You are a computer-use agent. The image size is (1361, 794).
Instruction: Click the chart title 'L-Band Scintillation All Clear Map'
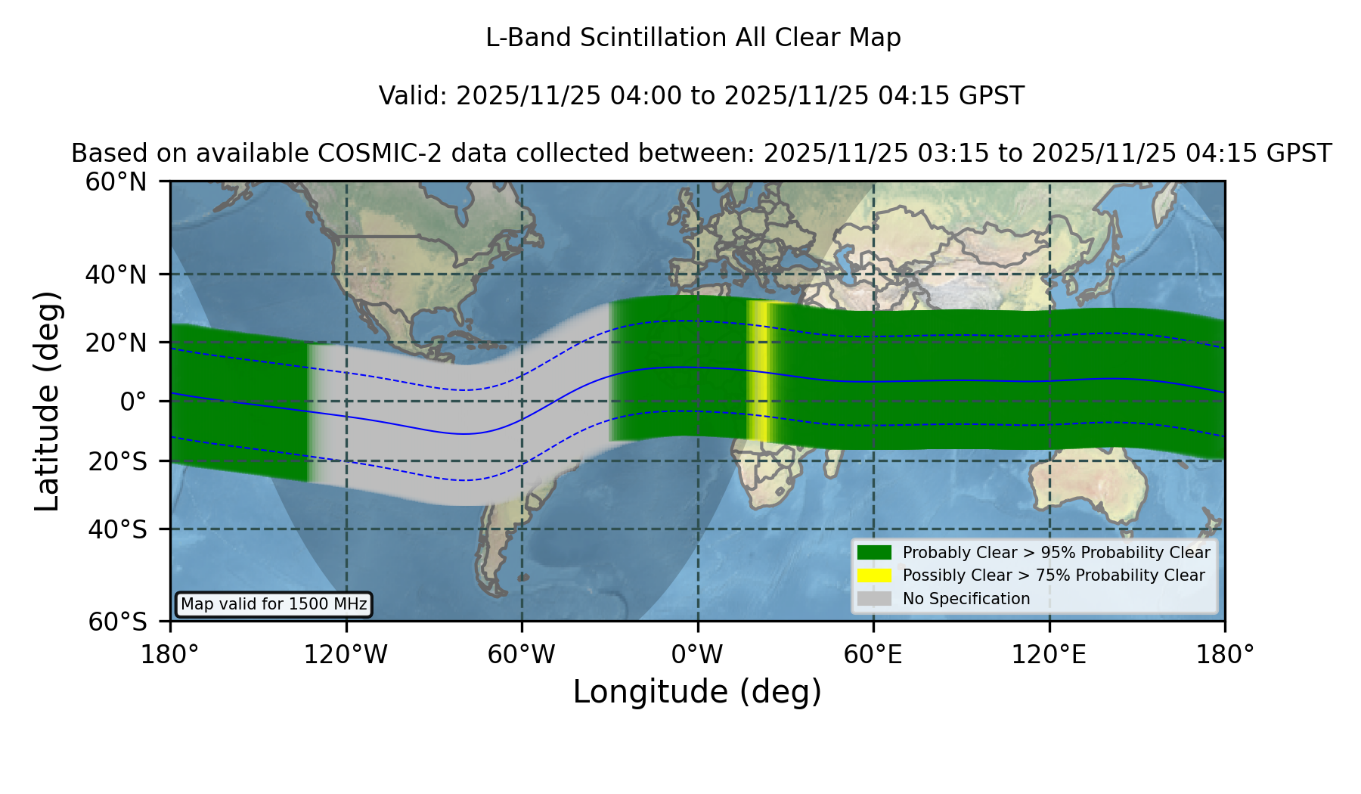(693, 38)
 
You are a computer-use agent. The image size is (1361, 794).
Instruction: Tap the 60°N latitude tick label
(116, 181)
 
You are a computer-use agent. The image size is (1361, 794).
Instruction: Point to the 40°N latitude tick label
(116, 274)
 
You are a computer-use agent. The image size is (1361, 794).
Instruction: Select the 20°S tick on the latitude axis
(118, 461)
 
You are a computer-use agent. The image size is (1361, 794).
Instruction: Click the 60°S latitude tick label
(118, 622)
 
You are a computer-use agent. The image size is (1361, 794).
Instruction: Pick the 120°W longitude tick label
(346, 655)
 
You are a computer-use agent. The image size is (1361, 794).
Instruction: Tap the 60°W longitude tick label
(522, 655)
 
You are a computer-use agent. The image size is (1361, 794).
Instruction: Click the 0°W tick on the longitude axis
(698, 655)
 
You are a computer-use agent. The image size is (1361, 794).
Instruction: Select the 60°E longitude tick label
(873, 655)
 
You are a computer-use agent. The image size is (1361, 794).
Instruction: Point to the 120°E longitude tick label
(1049, 655)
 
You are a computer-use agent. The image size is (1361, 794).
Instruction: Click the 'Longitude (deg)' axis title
(697, 692)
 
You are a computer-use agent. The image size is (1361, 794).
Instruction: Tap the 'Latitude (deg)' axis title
(47, 401)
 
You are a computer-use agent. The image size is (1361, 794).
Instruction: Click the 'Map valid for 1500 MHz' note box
(274, 604)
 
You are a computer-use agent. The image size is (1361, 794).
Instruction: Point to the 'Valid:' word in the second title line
(414, 96)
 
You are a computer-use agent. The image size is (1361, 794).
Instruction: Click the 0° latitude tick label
(133, 402)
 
